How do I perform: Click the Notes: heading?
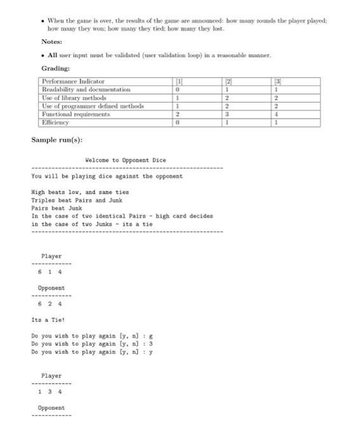tap(51, 41)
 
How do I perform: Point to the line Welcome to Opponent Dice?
tap(125, 160)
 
